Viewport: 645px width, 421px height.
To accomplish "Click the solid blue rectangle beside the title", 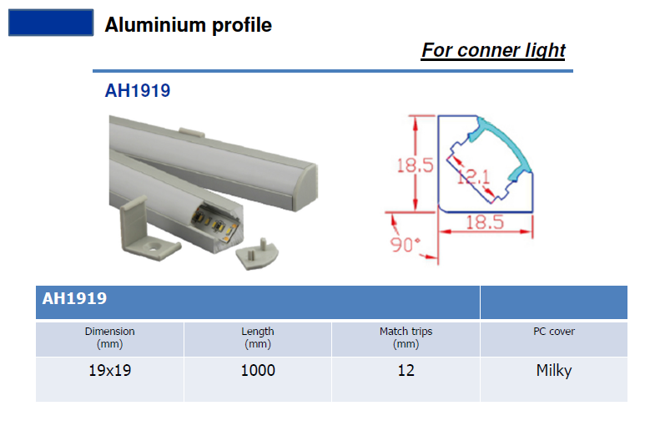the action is coord(51,23).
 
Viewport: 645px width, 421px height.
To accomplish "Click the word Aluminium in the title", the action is coord(155,25).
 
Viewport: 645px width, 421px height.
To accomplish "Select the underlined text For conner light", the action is coord(493,51).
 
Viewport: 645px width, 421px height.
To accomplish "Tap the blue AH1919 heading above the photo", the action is coord(138,90).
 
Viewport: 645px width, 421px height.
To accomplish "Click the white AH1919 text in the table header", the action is coord(74,298).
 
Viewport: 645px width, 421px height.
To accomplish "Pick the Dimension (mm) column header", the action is coord(110,337).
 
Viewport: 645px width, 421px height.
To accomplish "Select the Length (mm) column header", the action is coord(258,337).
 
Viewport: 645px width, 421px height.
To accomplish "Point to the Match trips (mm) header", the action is coord(406,337).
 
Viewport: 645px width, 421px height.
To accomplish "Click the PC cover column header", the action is coord(554,331).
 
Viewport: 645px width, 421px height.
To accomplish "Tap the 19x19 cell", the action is coord(110,370).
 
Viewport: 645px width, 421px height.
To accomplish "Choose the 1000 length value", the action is coord(258,370).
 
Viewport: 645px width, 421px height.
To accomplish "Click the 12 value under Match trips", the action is coord(406,370).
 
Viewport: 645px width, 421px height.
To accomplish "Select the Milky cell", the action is coord(554,371).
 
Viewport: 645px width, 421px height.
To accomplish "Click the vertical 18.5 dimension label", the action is coord(415,165).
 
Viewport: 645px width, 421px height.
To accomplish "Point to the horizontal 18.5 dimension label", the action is coord(485,222).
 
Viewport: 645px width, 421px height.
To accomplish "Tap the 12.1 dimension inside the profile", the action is coord(474,177).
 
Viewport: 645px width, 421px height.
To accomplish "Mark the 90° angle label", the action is coord(406,245).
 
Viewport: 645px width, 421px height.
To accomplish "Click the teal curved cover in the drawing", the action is coord(510,140).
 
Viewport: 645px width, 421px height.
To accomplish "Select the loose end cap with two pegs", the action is coord(258,254).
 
